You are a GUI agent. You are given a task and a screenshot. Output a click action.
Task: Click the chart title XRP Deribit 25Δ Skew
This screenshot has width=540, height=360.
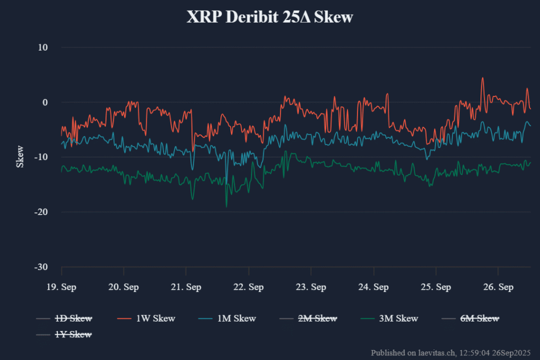click(269, 17)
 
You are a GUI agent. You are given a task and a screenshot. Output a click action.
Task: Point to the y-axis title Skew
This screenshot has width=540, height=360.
click(20, 157)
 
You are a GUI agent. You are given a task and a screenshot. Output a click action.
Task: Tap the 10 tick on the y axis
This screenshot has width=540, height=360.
click(42, 47)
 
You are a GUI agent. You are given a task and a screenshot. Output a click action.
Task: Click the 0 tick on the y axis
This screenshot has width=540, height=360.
click(45, 102)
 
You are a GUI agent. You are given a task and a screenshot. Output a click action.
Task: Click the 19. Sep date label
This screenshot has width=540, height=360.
click(61, 287)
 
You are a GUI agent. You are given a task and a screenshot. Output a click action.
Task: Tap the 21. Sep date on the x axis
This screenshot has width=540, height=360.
click(186, 287)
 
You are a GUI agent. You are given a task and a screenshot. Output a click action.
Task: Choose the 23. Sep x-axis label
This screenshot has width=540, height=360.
click(311, 287)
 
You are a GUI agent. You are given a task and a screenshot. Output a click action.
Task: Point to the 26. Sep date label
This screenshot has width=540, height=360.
click(498, 287)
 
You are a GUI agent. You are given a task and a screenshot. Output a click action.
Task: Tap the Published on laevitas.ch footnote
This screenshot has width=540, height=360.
click(451, 352)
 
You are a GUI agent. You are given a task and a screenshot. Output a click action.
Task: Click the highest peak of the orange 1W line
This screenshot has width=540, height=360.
click(482, 78)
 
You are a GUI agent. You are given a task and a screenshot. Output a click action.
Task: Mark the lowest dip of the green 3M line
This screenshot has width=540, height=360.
click(226, 207)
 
